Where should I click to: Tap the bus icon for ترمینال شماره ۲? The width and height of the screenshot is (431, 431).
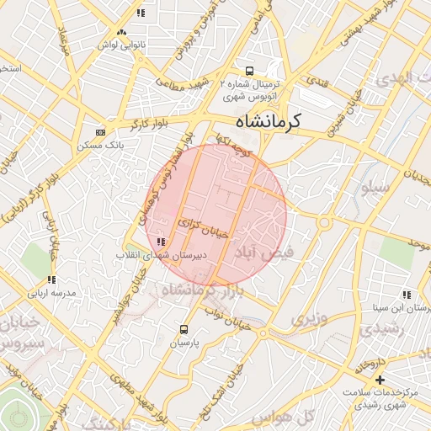point(248,72)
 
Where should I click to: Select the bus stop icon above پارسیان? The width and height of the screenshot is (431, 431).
point(184,329)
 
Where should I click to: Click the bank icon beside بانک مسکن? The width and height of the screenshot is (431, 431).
point(101,132)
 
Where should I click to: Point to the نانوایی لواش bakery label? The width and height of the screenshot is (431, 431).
point(123,43)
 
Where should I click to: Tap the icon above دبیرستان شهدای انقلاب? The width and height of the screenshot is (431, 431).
point(161,242)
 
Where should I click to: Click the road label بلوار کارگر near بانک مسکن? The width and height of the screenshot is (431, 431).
point(149,125)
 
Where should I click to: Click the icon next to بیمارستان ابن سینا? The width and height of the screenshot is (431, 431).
point(407,295)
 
